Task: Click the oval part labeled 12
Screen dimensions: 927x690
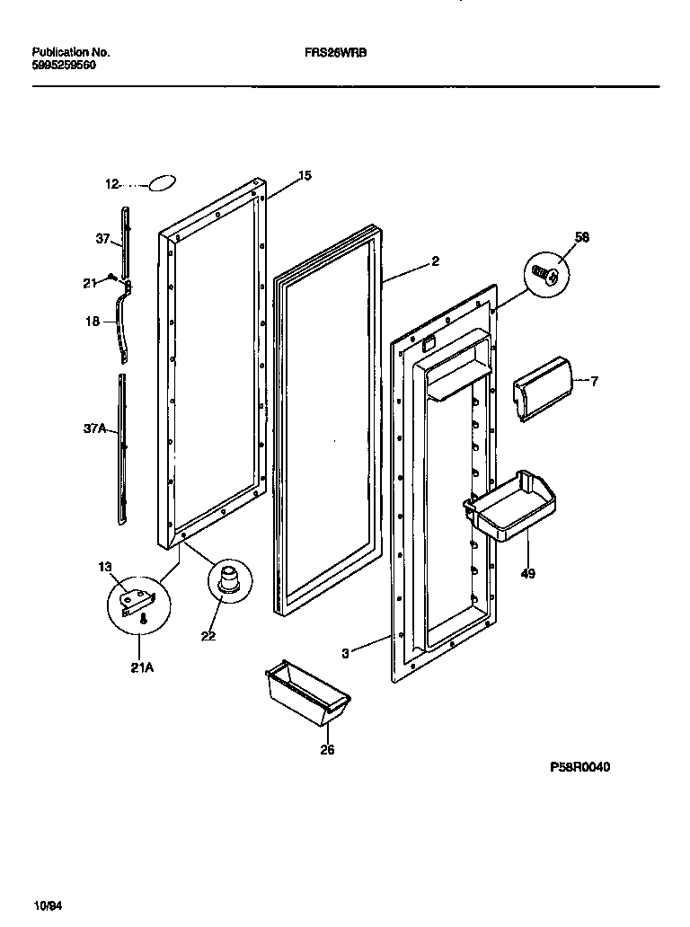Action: [162, 184]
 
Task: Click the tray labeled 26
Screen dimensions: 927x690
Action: [306, 691]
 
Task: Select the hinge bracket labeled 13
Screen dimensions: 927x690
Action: [139, 599]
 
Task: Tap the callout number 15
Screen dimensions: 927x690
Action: [305, 176]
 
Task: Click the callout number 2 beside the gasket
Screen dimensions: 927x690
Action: [435, 261]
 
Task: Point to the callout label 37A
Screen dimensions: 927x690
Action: [95, 429]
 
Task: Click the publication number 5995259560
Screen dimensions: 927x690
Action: [64, 66]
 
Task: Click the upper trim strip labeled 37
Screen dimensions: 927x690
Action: [126, 241]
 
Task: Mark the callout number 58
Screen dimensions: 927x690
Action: [582, 236]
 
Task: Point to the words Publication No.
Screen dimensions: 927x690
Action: [70, 53]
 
